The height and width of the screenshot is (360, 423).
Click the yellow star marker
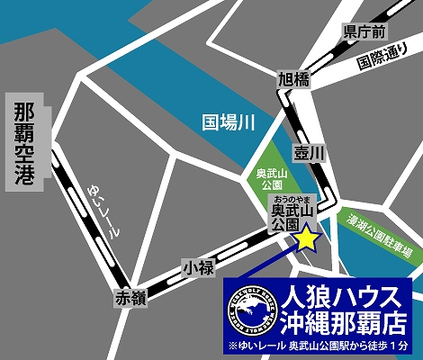tap(308, 238)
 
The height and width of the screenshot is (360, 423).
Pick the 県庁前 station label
tap(364, 31)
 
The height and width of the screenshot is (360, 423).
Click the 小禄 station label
tap(196, 267)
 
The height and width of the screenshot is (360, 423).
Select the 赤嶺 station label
tap(130, 299)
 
